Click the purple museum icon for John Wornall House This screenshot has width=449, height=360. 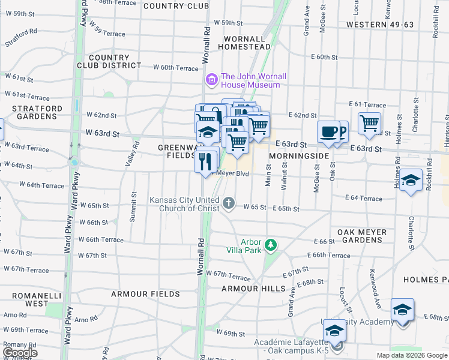(211, 80)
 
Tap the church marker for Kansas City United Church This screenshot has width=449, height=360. (228, 203)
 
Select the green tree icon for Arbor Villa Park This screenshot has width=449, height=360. (271, 245)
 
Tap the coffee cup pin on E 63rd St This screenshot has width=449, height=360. (328, 133)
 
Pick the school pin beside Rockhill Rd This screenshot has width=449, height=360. (411, 180)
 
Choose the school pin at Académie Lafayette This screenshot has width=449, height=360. (335, 331)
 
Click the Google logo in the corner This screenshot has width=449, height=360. (20, 353)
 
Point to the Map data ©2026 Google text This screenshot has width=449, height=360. (412, 355)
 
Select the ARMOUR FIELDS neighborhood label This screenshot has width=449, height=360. (145, 294)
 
